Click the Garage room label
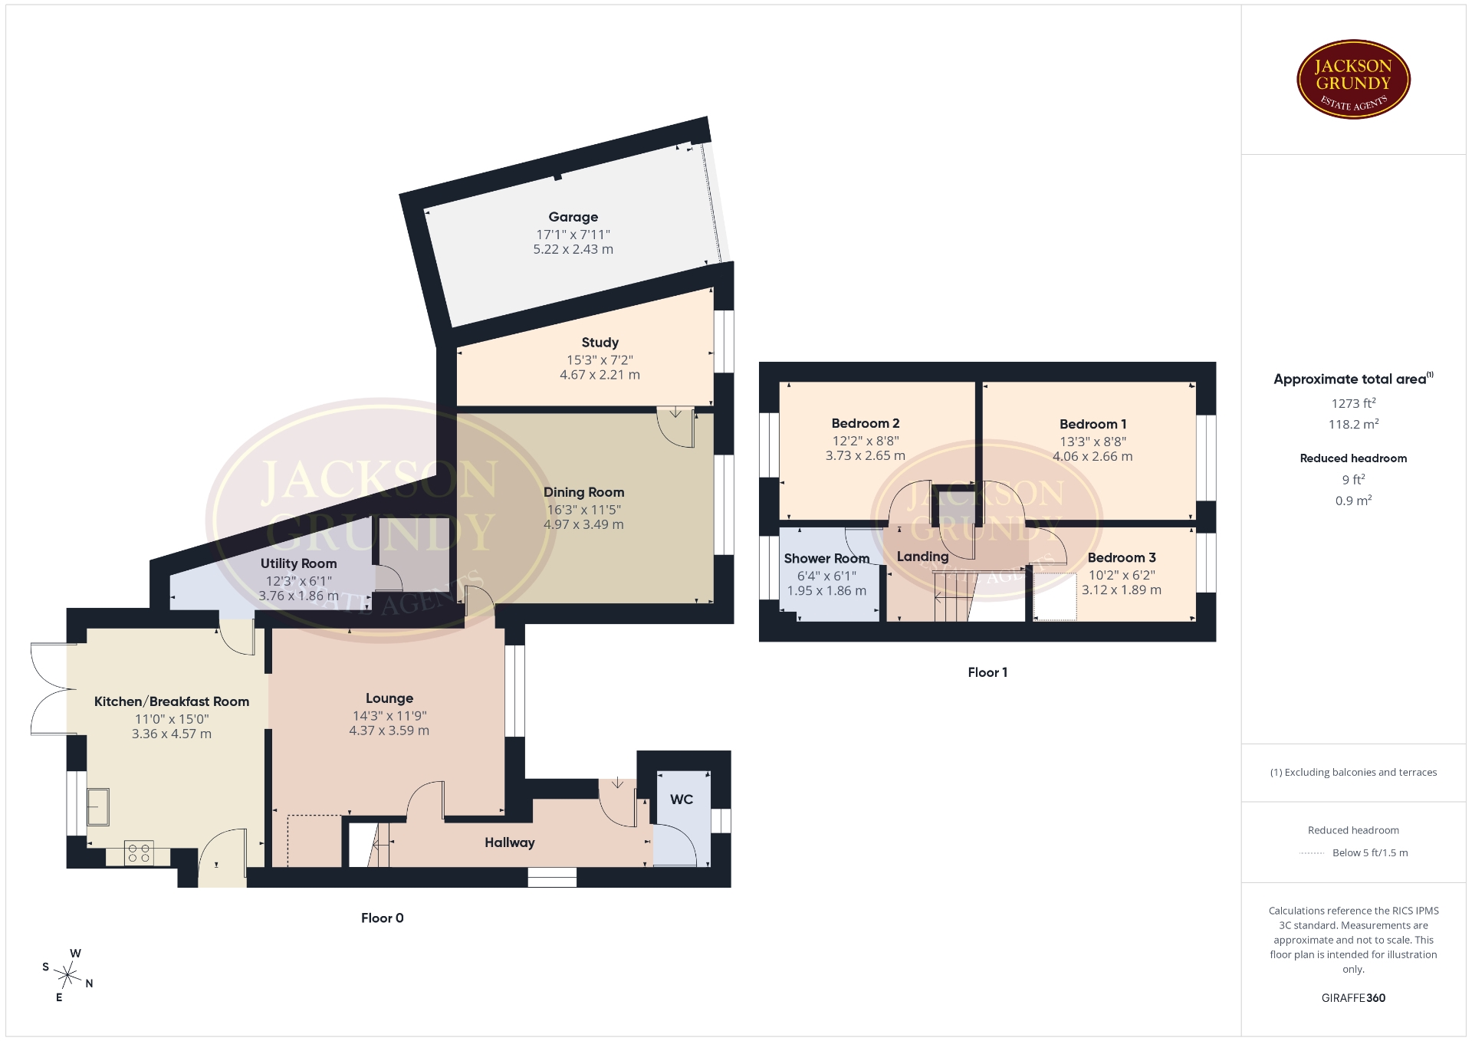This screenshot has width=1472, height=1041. [x=573, y=217]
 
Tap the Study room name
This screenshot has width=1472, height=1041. [x=600, y=343]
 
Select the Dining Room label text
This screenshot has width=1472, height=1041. [x=583, y=492]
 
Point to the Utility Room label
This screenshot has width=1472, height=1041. [x=298, y=563]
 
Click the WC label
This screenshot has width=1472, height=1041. [x=682, y=800]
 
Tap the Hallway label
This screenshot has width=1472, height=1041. [x=509, y=842]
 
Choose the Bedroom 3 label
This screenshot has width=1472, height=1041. [x=1122, y=557]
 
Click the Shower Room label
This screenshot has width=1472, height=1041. [x=826, y=558]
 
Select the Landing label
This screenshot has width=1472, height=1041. [x=922, y=557]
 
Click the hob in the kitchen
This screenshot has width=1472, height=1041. [x=139, y=853]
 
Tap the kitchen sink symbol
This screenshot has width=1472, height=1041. [x=98, y=806]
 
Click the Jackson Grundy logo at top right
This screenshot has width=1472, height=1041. [x=1353, y=80]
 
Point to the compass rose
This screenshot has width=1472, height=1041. [x=68, y=976]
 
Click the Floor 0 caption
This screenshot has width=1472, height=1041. [x=382, y=918]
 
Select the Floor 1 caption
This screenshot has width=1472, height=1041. [x=987, y=672]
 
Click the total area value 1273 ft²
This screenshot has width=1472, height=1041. [x=1353, y=403]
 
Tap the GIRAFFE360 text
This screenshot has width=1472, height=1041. [x=1353, y=998]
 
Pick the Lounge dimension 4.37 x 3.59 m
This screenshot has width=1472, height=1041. [x=389, y=731]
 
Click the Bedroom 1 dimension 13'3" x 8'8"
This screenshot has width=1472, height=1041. [x=1092, y=442]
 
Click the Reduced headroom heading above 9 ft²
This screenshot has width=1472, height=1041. [x=1353, y=458]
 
